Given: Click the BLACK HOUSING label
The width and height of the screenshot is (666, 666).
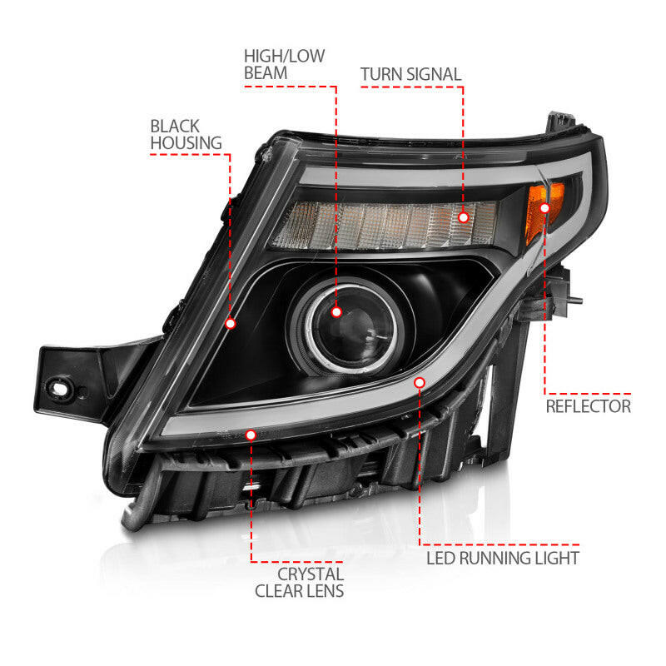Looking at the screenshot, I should pyautogui.click(x=175, y=134).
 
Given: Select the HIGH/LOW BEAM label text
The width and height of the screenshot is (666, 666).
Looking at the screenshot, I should pyautogui.click(x=284, y=64).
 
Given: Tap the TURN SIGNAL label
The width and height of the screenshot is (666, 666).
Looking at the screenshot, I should pyautogui.click(x=410, y=74).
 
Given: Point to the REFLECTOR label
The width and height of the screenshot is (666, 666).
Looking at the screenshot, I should pyautogui.click(x=588, y=406).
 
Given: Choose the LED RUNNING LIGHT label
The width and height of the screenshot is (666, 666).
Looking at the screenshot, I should pyautogui.click(x=503, y=557).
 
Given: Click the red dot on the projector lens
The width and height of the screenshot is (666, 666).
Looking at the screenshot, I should pyautogui.click(x=336, y=312).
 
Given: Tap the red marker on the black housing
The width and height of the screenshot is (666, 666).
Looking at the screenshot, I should pyautogui.click(x=231, y=323).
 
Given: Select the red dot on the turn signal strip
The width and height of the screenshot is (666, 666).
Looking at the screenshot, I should pyautogui.click(x=464, y=217).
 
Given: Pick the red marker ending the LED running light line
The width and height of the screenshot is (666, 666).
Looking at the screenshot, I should pyautogui.click(x=420, y=382).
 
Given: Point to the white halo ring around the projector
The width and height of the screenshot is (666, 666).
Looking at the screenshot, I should pyautogui.click(x=310, y=319).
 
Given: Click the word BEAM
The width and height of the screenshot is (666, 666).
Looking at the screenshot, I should pyautogui.click(x=267, y=73).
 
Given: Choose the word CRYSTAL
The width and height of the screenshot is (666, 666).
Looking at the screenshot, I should pyautogui.click(x=310, y=574).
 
